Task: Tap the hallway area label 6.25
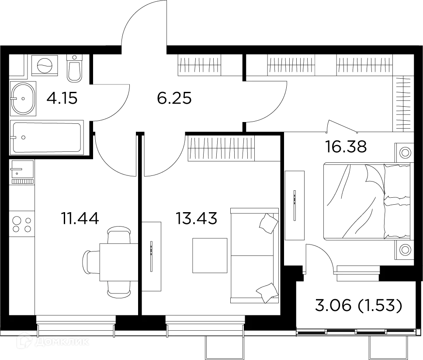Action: click(x=174, y=99)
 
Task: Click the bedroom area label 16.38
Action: click(x=346, y=147)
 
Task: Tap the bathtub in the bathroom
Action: click(x=46, y=137)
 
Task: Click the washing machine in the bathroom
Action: click(x=45, y=66)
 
